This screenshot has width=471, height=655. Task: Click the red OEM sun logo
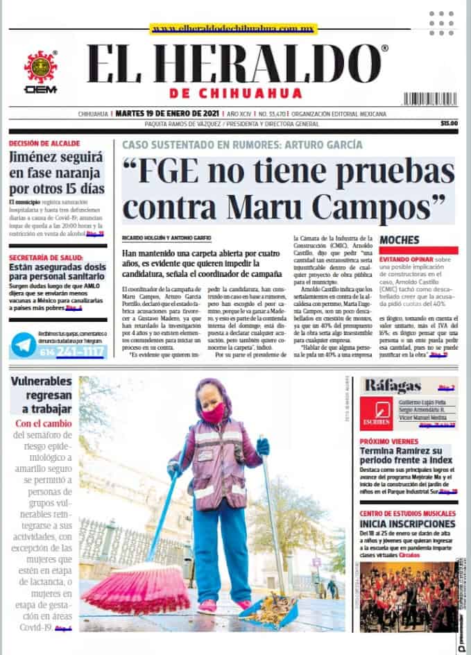tap(41, 67)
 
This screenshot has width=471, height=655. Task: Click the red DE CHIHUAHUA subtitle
tap(235, 94)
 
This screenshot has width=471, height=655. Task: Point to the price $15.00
tap(449, 124)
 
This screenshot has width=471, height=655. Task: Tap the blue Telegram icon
tap(24, 345)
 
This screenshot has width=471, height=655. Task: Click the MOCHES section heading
tap(400, 239)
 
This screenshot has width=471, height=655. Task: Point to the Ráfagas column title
tap(393, 386)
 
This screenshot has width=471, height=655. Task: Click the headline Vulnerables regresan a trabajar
tap(41, 395)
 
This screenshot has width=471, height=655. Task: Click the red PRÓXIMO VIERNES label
tap(391, 441)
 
